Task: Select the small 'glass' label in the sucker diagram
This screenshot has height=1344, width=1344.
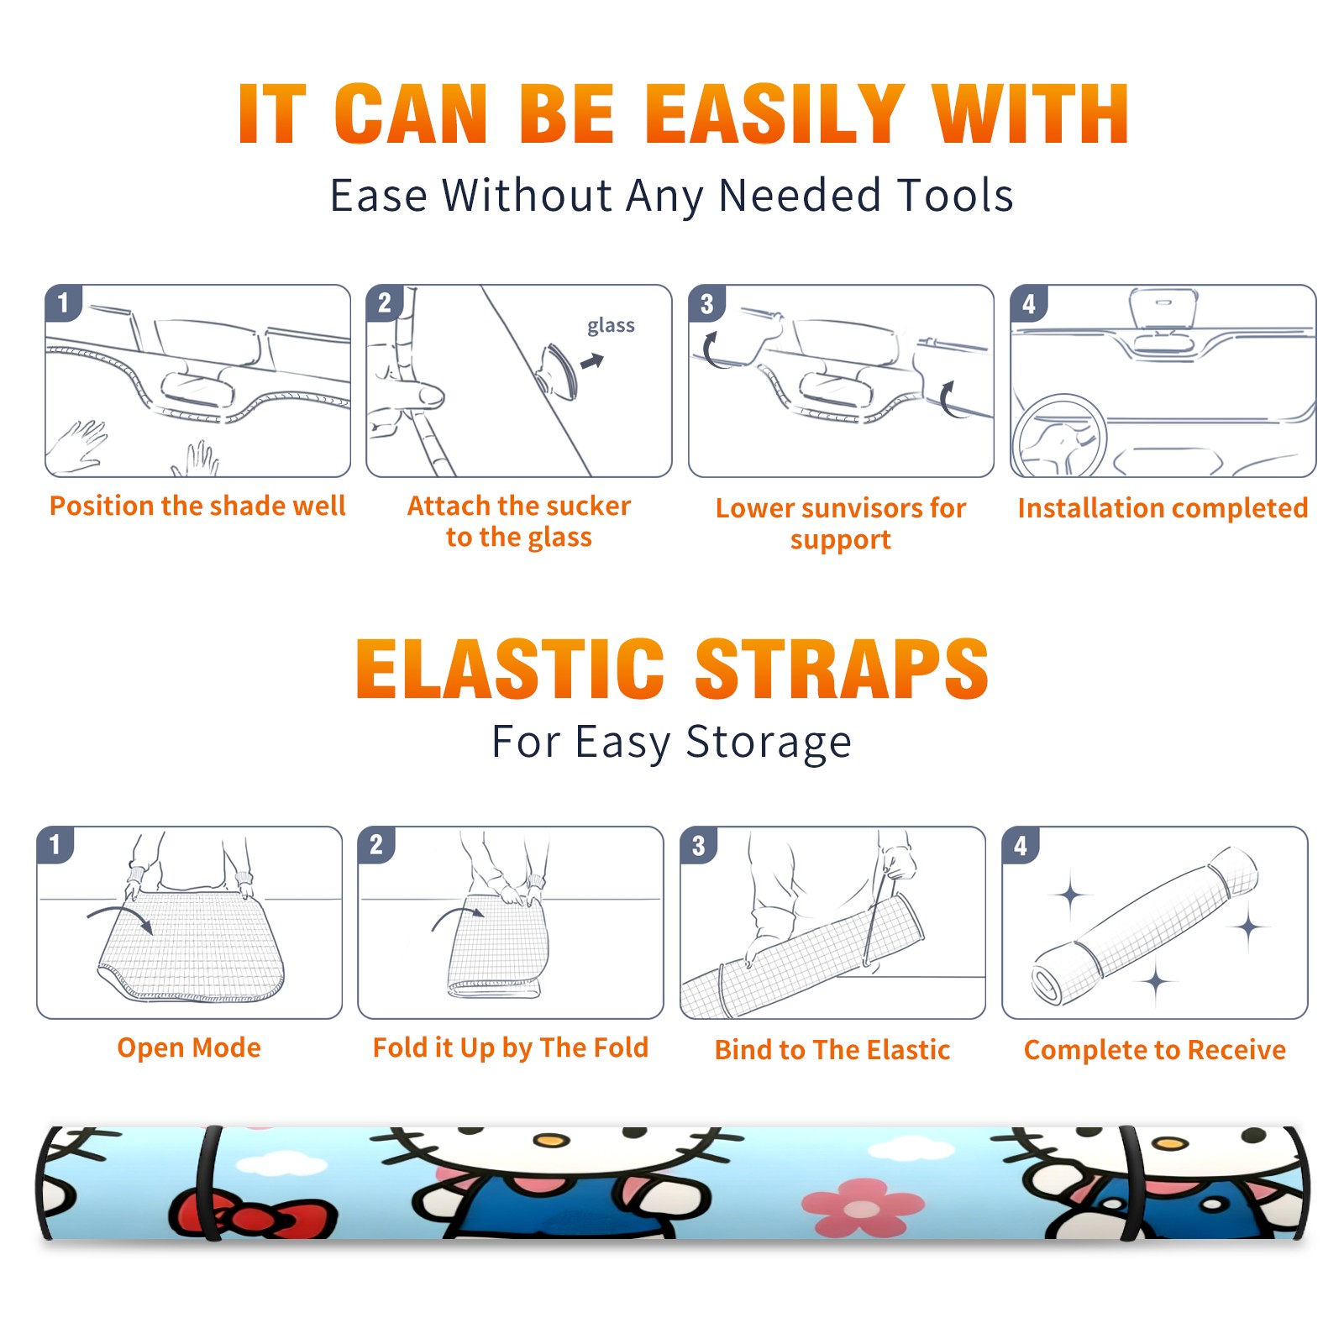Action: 611,326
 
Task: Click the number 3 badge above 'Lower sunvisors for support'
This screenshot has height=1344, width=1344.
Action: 706,303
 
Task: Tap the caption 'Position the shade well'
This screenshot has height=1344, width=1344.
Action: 197,506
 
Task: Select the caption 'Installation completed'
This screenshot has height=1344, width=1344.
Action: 1163,507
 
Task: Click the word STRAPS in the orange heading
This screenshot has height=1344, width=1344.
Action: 842,669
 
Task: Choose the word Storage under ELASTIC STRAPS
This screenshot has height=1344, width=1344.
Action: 769,743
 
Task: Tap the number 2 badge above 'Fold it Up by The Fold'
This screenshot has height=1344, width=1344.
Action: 376,844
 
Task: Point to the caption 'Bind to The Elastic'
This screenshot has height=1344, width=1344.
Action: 832,1050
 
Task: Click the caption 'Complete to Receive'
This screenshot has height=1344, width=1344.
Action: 1155,1050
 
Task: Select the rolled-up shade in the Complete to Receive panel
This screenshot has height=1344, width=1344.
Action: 1145,925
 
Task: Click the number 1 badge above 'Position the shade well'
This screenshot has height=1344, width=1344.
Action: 63,302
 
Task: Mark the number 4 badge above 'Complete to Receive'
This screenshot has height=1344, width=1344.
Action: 1021,845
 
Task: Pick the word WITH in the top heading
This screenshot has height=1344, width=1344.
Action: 1031,115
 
